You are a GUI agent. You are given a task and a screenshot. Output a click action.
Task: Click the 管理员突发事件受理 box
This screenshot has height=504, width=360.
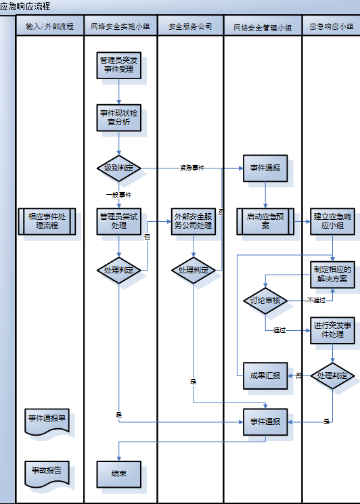pos(118,64)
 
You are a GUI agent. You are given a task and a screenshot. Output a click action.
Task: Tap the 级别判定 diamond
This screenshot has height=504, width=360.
pos(118,167)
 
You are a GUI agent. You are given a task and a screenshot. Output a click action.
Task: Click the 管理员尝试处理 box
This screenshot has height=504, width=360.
pos(118,221)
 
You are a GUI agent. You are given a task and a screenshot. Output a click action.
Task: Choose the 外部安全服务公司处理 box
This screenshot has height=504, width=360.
pos(194,221)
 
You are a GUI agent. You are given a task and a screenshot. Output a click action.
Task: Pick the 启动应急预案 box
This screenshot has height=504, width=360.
pos(265,221)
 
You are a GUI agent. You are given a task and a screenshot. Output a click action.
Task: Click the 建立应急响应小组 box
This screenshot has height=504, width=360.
pos(332,221)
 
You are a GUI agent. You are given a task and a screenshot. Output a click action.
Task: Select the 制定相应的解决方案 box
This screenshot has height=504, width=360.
pos(332,274)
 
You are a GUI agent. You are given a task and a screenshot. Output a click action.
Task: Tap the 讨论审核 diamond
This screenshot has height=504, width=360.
pos(265,300)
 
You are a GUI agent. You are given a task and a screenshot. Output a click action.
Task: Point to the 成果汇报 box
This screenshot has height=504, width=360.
pos(265,375)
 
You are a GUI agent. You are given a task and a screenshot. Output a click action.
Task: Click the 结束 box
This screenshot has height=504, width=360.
pos(118,474)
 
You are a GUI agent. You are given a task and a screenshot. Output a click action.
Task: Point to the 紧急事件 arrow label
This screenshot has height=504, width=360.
pos(192,167)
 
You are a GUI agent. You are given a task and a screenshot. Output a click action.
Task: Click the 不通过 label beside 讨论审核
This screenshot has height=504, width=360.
pos(316,300)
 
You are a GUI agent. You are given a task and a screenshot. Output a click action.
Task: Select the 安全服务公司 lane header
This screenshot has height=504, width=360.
pos(190,27)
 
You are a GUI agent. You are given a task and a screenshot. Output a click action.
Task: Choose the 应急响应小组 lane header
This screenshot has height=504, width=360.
pos(331,27)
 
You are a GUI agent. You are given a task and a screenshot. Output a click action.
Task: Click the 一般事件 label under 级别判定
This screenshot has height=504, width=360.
pos(118,194)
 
